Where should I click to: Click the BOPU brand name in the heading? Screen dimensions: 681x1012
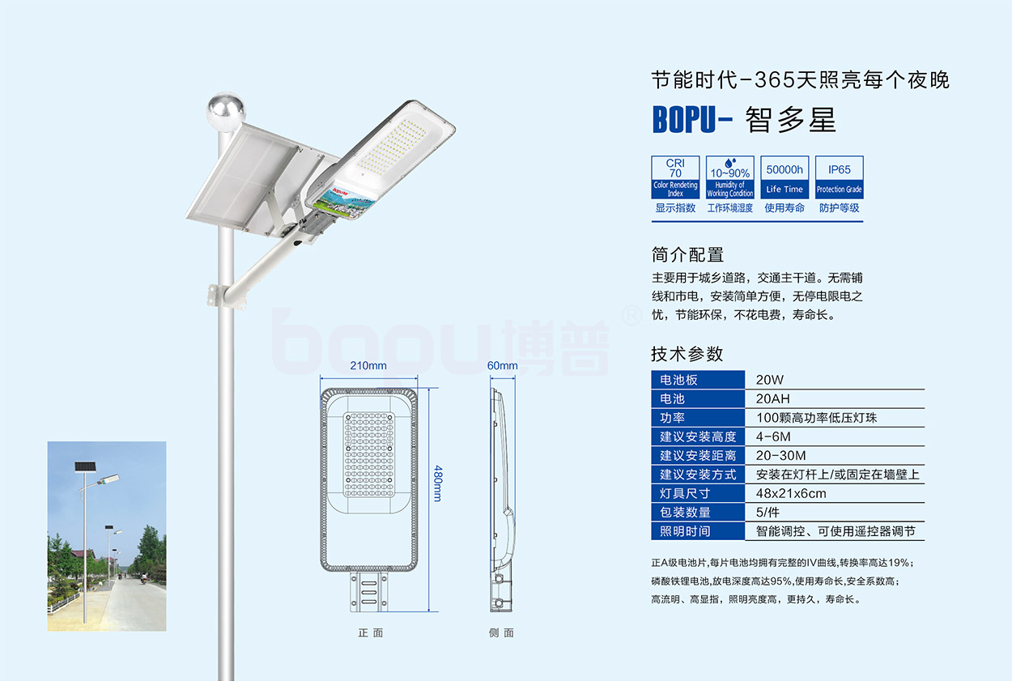685,120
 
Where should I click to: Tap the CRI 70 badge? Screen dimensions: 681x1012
675,177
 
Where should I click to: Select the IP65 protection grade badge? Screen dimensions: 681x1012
839,177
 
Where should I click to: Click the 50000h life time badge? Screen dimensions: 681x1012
785,177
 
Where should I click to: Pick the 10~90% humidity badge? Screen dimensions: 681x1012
729,177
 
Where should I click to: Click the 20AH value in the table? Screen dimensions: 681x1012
772,398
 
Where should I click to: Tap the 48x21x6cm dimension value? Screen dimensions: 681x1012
791,493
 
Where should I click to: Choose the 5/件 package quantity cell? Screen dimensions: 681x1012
770,512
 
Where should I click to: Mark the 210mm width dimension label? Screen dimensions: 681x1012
368,365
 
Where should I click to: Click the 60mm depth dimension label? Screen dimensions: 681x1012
502,365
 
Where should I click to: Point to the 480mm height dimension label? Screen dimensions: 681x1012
438,483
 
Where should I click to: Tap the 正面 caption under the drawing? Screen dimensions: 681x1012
371,633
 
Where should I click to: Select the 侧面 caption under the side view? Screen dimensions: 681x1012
501,633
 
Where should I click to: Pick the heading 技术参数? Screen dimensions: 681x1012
687,354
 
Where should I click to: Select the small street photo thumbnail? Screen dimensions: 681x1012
107,536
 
